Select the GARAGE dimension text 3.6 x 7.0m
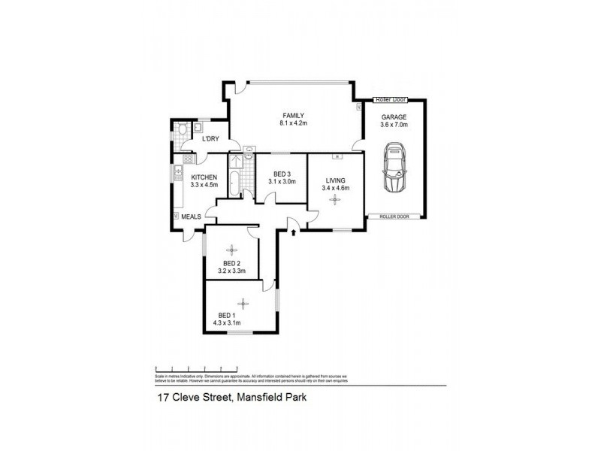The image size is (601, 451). pyautogui.click(x=394, y=125)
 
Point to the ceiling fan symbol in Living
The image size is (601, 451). pyautogui.click(x=335, y=199)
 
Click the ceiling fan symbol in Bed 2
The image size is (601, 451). pyautogui.click(x=231, y=248)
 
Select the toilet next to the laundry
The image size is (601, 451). pyautogui.click(x=183, y=132)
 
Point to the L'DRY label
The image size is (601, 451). pyautogui.click(x=210, y=138)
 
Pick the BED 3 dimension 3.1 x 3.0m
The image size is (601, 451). pyautogui.click(x=282, y=182)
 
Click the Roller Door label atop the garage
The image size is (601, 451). pyautogui.click(x=390, y=99)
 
